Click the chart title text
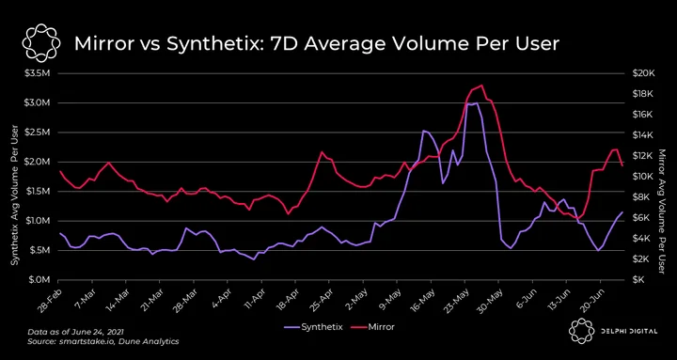(x=317, y=43)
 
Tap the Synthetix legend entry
(x=313, y=327)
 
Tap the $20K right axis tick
(x=644, y=73)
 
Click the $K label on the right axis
(x=640, y=280)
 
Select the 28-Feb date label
(x=48, y=298)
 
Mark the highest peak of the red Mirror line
(x=481, y=86)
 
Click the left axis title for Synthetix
(x=15, y=196)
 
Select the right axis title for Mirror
(x=664, y=211)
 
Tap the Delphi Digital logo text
(x=628, y=331)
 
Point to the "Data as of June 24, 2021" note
(x=75, y=332)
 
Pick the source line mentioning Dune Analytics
(x=103, y=341)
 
